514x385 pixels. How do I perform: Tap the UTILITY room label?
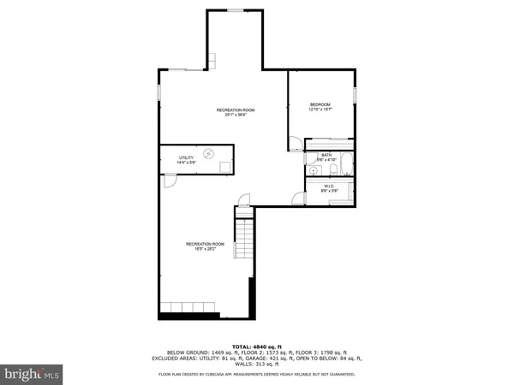186,157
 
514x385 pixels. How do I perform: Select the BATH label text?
327,155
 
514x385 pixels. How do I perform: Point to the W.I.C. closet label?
328,186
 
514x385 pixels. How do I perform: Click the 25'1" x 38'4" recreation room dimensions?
235,115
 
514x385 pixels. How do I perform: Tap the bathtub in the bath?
347,163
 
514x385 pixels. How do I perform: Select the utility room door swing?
169,181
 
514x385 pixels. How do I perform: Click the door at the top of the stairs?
243,204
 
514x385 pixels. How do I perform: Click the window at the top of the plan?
235,10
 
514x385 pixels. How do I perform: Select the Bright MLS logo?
32,373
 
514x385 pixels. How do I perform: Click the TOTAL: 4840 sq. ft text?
257,346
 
